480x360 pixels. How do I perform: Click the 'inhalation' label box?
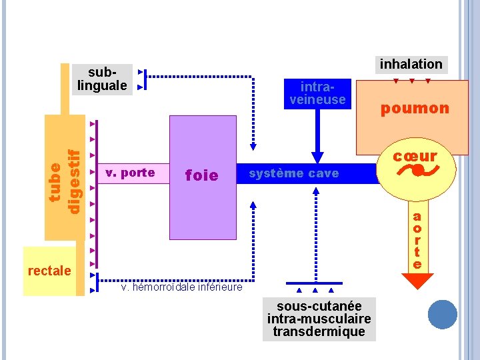[411, 64]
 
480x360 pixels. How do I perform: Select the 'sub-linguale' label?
[102, 79]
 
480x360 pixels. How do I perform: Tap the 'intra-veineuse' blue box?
[317, 93]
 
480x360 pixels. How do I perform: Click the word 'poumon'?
[415, 109]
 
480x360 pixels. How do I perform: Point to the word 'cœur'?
[415, 156]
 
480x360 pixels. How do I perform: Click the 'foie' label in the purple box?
[201, 175]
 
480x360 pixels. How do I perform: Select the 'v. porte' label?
[130, 173]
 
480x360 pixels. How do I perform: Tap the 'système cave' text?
[293, 174]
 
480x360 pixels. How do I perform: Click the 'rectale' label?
[49, 271]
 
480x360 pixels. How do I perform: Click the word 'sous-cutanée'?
[319, 305]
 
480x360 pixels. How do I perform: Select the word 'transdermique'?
[319, 331]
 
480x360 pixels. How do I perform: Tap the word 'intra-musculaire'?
[319, 319]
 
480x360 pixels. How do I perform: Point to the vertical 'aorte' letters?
[417, 240]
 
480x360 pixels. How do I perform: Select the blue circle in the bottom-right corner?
[442, 315]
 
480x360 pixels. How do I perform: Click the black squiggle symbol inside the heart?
[415, 171]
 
